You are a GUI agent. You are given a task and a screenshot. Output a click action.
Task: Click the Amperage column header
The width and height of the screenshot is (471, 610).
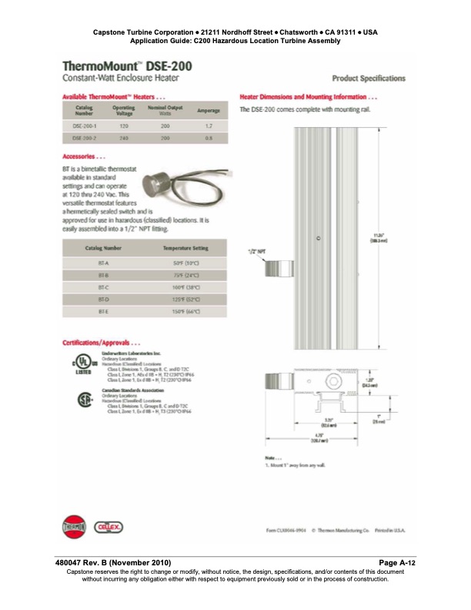[208, 111]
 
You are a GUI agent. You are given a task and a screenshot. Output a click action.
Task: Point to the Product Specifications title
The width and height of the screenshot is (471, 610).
[368, 79]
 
